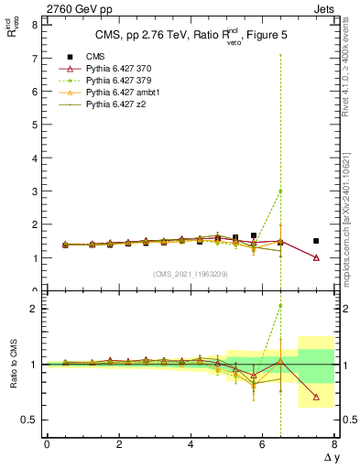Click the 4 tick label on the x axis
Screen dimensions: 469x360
tap(191, 444)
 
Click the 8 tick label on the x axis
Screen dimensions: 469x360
tap(334, 444)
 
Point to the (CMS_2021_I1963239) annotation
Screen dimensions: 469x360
tap(190, 274)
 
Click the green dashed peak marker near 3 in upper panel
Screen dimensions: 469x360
tap(280, 191)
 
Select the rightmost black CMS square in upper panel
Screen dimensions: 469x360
tap(316, 241)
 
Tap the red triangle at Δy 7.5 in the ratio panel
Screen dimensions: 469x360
tap(316, 397)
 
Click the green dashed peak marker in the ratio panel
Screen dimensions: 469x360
tap(280, 306)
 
